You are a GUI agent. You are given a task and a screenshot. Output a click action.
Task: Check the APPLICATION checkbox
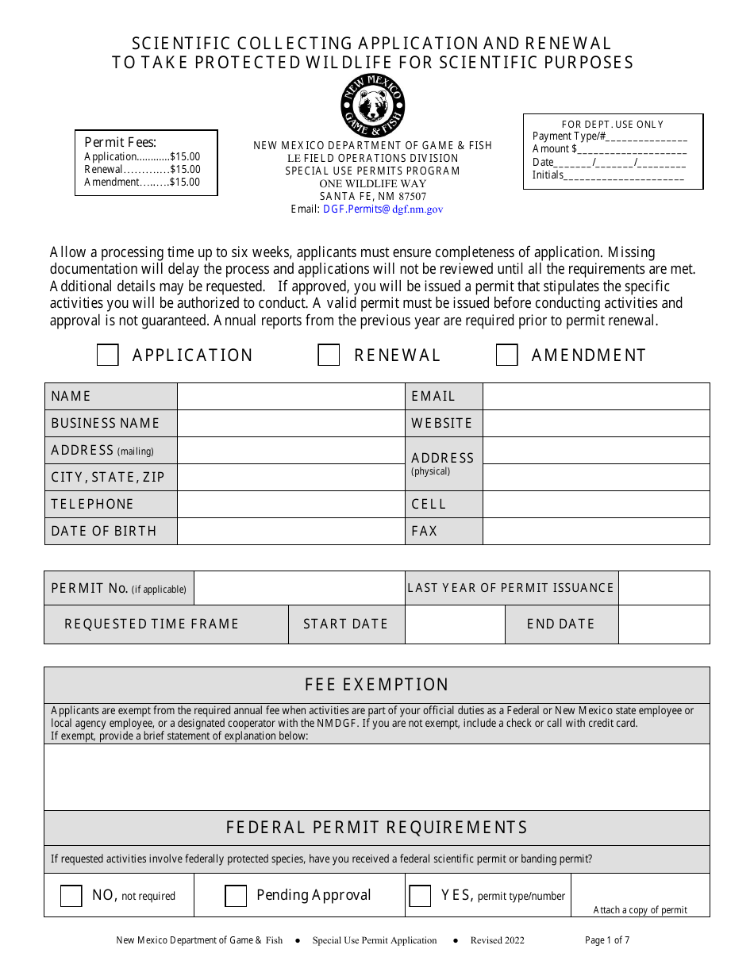point(108,355)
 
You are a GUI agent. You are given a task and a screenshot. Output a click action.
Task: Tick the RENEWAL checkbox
point(329,355)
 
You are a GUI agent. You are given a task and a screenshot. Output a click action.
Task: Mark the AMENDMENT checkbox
point(507,355)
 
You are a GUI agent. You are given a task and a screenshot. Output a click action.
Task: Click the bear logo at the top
point(373,106)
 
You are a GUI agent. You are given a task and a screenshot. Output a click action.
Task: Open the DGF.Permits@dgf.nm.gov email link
point(383,209)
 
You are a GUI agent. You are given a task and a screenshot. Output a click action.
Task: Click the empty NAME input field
point(290,396)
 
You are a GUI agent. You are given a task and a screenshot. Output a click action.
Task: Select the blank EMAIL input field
point(595,396)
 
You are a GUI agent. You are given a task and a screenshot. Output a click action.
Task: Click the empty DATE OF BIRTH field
point(290,531)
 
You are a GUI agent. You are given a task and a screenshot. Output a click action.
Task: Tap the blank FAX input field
point(595,531)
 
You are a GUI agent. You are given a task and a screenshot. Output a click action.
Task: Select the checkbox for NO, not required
point(71,896)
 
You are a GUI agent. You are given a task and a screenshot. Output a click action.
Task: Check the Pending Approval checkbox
point(236,896)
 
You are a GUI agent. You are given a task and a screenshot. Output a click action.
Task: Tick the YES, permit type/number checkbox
point(420,896)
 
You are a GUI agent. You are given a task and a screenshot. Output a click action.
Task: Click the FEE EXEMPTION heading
point(377,685)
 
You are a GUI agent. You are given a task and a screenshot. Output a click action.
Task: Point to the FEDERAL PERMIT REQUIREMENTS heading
point(377,828)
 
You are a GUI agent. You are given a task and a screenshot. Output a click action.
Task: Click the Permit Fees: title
point(121,143)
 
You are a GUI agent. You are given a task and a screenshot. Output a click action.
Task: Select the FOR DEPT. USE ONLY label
point(613,125)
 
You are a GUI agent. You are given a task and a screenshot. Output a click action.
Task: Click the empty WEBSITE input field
point(595,423)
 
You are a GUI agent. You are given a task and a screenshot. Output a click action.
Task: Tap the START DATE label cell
point(346,624)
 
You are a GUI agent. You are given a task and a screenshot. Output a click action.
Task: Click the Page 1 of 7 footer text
point(607,940)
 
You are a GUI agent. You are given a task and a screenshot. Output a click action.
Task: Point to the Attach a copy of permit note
point(641,910)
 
